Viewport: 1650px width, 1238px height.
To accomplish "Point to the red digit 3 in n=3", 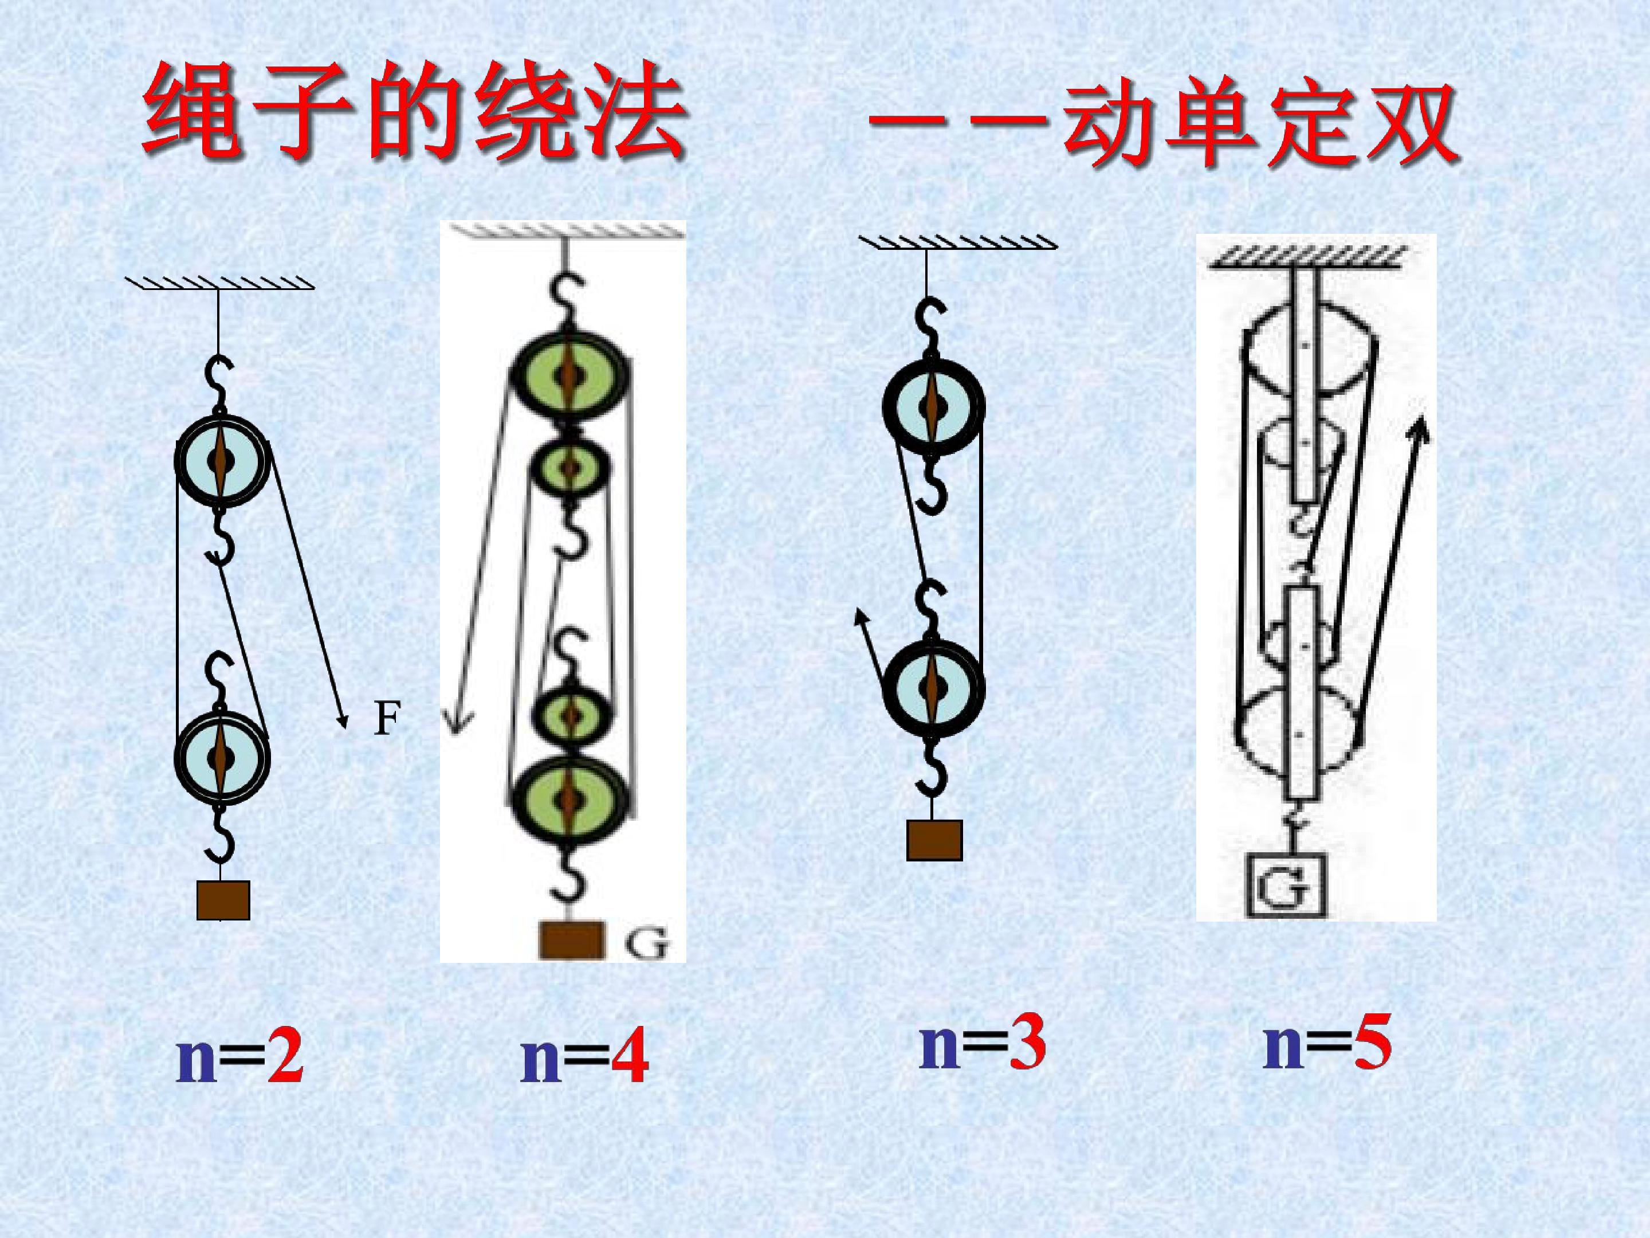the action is [1027, 1045].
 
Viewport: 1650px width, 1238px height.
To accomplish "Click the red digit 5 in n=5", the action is [1372, 1045].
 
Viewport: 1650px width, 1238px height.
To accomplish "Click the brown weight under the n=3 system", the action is [934, 840].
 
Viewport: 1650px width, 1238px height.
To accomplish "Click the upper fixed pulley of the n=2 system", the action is [221, 460].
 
